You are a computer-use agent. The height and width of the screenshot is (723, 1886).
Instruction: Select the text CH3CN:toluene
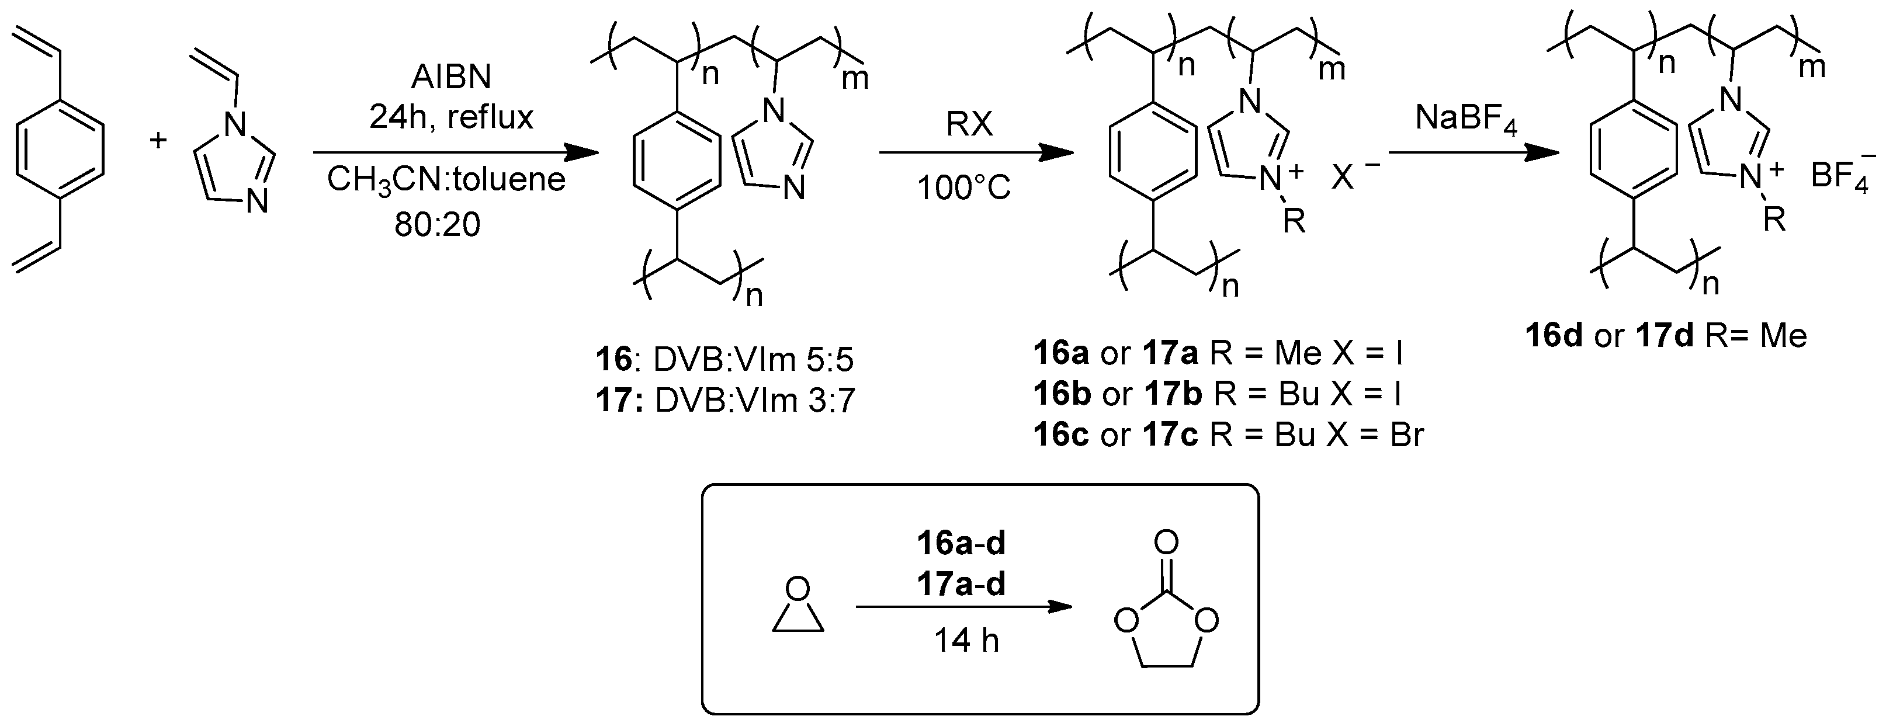[x=446, y=179]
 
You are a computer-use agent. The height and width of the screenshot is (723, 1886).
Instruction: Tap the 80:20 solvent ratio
[x=437, y=224]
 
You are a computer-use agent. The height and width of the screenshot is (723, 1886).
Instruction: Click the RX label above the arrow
[x=969, y=124]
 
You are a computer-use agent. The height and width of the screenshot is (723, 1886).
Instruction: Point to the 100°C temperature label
[x=963, y=189]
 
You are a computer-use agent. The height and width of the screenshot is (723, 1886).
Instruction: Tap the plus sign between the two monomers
[x=158, y=139]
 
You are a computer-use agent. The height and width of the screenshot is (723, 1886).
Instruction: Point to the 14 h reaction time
[x=966, y=642]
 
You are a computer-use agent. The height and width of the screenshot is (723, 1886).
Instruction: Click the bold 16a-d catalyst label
[x=961, y=543]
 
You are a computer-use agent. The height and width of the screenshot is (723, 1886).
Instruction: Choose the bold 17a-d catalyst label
[x=961, y=583]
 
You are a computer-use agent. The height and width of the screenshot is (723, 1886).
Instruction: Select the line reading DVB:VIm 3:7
[x=726, y=401]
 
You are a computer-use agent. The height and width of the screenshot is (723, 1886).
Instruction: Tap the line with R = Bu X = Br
[x=1228, y=435]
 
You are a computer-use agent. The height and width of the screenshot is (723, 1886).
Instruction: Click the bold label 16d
[x=1554, y=336]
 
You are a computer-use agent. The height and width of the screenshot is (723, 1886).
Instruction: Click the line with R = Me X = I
[x=1218, y=354]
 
